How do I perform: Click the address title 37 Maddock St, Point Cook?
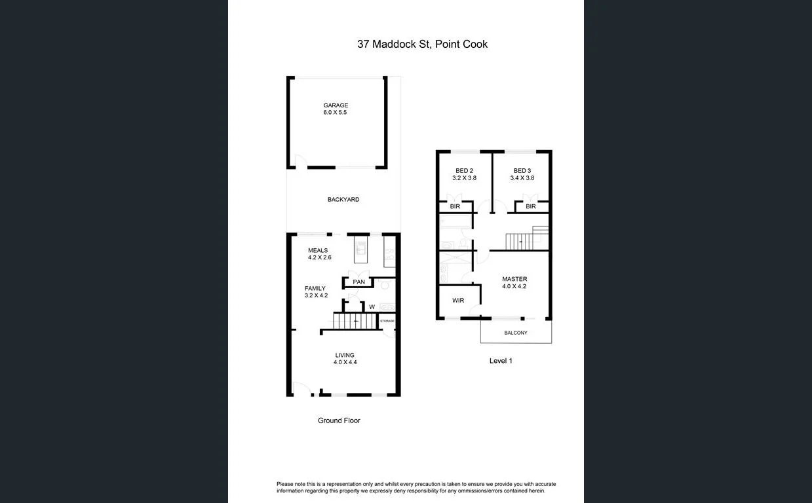pos(422,45)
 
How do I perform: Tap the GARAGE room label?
pos(336,105)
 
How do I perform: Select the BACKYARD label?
pos(343,200)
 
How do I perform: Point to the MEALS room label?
pos(318,250)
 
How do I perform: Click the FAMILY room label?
pos(315,288)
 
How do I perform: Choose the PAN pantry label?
pos(358,282)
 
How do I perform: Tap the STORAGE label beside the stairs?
pos(387,321)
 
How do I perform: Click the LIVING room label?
pos(345,355)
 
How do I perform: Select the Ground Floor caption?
pos(339,420)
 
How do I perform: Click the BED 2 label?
pos(463,171)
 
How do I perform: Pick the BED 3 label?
pos(522,171)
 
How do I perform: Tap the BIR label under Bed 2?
pos(455,206)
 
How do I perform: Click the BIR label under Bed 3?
pos(531,206)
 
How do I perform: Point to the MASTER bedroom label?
pos(514,279)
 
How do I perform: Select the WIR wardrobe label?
pos(458,301)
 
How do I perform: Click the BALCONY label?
pos(516,333)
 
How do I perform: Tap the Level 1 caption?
pos(501,361)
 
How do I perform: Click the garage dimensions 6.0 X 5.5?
pos(335,113)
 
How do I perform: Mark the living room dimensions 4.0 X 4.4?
pos(345,362)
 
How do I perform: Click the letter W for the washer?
pos(372,307)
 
